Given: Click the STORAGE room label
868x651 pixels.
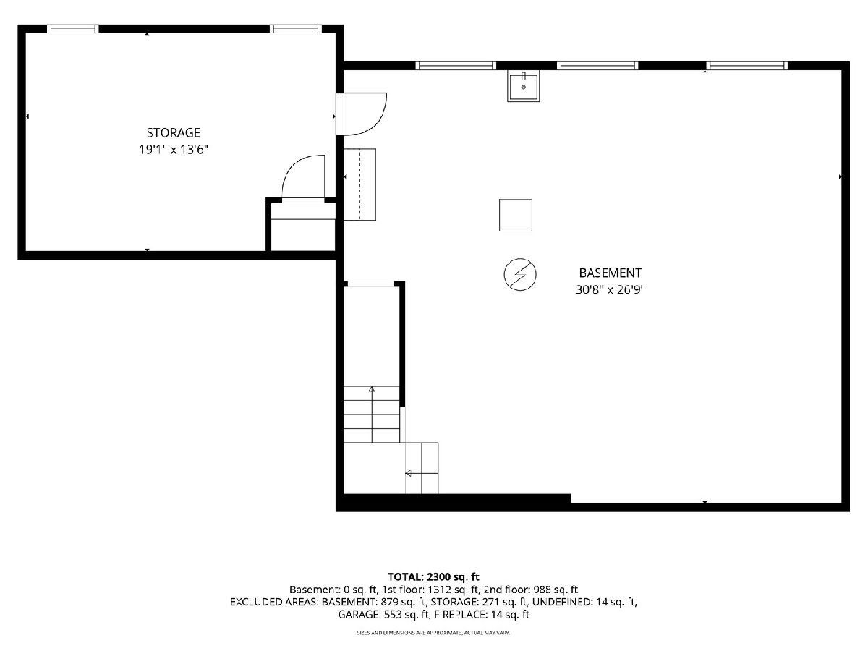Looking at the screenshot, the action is click(173, 132).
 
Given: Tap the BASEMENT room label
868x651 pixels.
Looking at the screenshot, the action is click(610, 273).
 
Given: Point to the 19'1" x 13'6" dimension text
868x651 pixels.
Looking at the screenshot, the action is click(173, 150).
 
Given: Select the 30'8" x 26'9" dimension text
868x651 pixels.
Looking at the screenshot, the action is click(610, 290).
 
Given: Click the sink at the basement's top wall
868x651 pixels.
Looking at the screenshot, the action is click(523, 86).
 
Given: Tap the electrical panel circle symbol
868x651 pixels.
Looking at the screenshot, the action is click(520, 274).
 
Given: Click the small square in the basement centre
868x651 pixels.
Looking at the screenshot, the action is click(515, 215).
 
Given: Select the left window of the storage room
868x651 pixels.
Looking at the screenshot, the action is click(73, 29).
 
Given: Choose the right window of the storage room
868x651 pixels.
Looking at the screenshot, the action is click(296, 29).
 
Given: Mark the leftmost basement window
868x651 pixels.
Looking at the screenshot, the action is click(456, 66).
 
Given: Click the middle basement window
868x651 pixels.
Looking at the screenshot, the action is click(597, 66).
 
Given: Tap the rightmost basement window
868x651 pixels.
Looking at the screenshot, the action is click(747, 66).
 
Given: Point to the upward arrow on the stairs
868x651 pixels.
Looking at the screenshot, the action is click(372, 414).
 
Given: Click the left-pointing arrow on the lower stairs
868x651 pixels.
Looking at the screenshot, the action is click(422, 473).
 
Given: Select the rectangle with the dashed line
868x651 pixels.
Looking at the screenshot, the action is click(359, 184).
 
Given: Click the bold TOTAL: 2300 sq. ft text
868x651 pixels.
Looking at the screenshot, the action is click(433, 576).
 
